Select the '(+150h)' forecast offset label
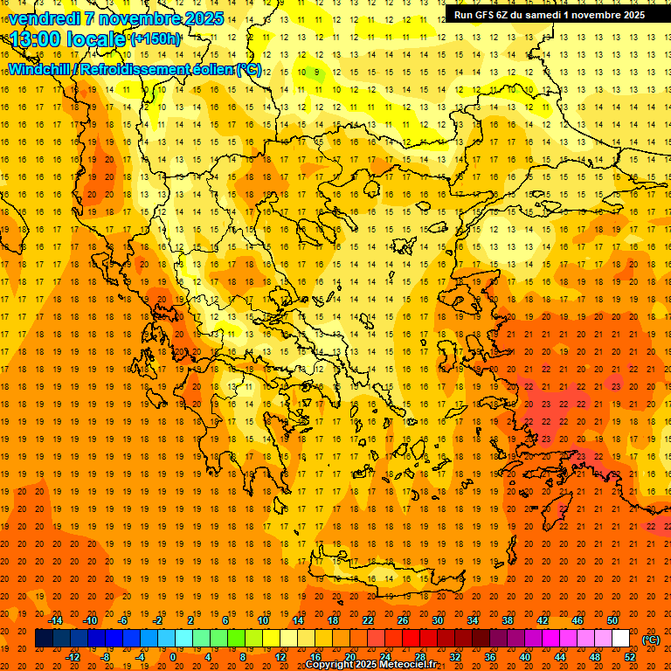[x=156, y=39]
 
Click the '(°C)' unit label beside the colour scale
[x=651, y=640]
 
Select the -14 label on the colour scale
[x=55, y=620]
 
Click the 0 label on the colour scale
[x=173, y=656]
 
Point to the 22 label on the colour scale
[x=368, y=620]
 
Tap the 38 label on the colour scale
[x=508, y=620]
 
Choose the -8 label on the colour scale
[x=106, y=656]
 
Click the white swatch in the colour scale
[x=620, y=639]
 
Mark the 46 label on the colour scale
[x=578, y=620]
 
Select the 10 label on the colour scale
[x=263, y=620]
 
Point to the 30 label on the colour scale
[x=438, y=620]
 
